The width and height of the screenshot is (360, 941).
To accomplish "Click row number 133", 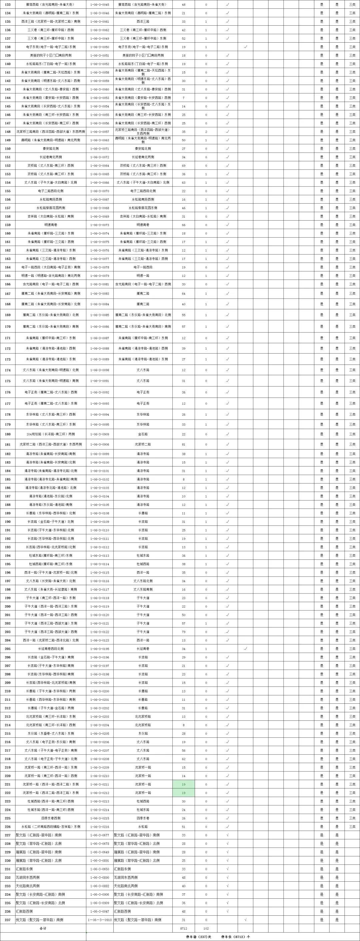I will (8, 4).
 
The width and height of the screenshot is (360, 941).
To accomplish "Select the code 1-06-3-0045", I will (100, 4).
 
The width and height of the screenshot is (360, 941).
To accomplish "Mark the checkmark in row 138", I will (246, 47).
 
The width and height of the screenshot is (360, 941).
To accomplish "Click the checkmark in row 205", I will (246, 649).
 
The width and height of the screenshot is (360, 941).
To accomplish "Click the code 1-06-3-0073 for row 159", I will (100, 225).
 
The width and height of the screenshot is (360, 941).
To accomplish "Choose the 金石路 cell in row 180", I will (143, 434).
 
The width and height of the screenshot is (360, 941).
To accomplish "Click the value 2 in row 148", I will (206, 132).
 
